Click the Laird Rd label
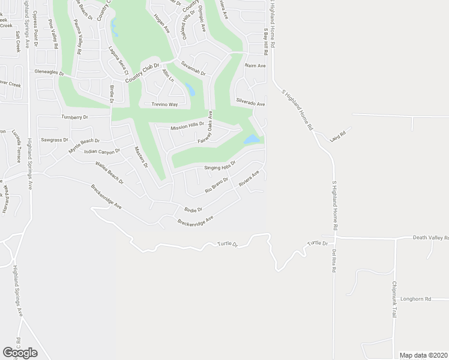pos(339,137)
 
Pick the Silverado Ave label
pos(250,103)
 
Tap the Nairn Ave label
pos(255,65)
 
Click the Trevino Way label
pos(164,104)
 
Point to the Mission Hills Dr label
pos(187,127)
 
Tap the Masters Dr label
pos(142,157)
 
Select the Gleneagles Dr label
pos(49,71)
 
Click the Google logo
pos(20,353)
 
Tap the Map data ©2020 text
pos(423,355)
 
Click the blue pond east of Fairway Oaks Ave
pos(252,139)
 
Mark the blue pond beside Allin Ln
pos(190,91)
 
